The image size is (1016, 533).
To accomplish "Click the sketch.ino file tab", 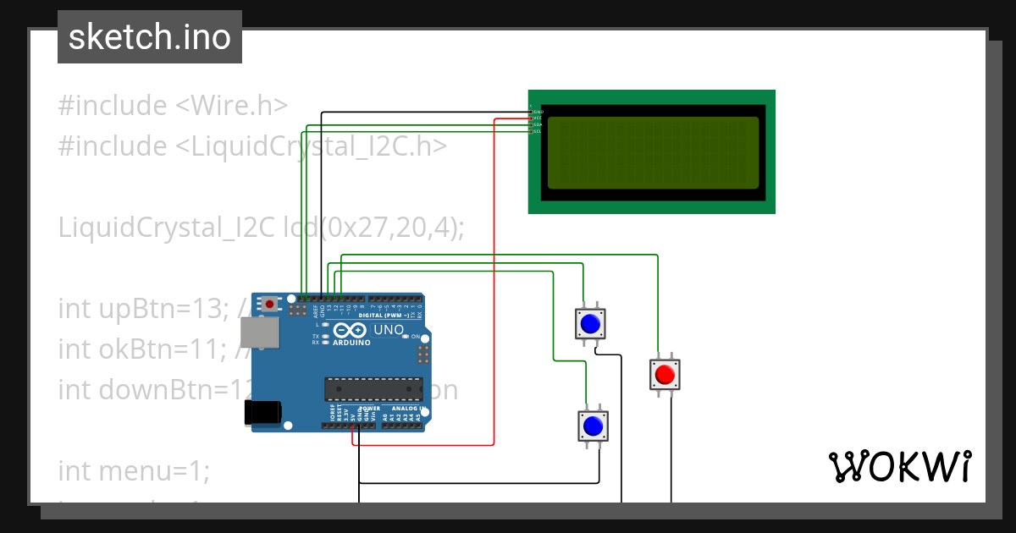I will coord(149,37).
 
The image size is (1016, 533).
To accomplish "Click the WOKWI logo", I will coord(898,467).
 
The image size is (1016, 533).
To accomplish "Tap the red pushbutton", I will coord(665,374).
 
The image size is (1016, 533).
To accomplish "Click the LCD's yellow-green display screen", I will coord(653,152).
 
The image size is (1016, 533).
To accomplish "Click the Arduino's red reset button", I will coord(270,303).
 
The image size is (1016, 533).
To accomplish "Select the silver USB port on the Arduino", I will coord(258,332).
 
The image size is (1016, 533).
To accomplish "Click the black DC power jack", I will coord(262,412).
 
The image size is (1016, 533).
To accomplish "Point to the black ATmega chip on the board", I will coord(373,388).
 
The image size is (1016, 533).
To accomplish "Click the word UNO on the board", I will coord(389,329).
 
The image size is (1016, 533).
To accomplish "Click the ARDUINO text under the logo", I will coord(351,343).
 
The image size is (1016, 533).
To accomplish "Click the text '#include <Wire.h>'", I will coord(173,106).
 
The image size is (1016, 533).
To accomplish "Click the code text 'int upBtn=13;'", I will coord(141,309).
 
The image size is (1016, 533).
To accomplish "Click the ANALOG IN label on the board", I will coord(405,408).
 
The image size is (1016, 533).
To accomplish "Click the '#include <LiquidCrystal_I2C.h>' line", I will coord(251,146).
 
